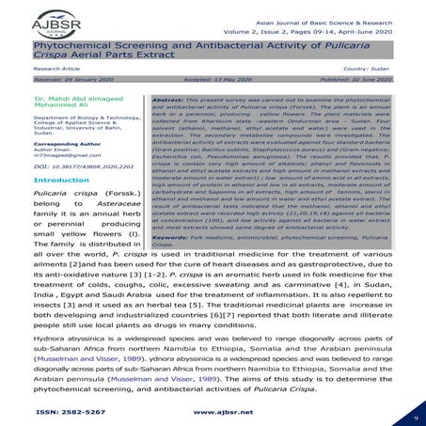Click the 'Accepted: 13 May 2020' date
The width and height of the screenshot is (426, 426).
pyautogui.click(x=210, y=82)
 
